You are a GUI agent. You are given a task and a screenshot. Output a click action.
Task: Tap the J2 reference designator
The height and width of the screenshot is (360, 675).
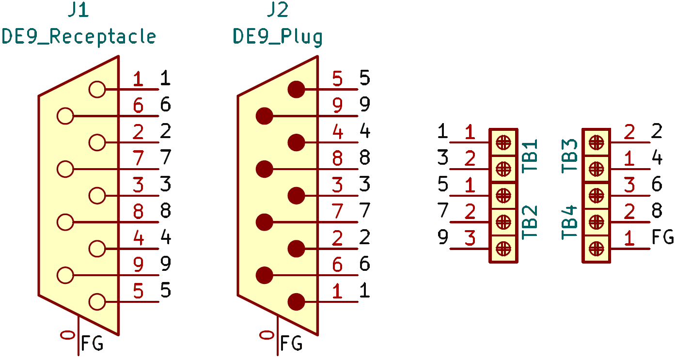[x=277, y=11]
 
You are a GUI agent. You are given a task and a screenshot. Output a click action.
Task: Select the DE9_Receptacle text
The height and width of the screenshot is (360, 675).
[x=79, y=37]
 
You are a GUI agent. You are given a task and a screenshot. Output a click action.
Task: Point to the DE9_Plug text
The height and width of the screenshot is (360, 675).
[x=278, y=37]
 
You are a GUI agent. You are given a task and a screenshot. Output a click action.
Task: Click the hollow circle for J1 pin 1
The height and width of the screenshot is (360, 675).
[x=97, y=90]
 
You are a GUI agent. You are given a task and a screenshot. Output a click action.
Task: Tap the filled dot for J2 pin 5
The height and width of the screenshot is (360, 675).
[x=296, y=90]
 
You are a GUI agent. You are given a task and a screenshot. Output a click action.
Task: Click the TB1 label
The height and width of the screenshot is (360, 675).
[x=531, y=156]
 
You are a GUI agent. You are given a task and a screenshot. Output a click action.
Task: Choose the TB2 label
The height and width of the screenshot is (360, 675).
[x=531, y=222]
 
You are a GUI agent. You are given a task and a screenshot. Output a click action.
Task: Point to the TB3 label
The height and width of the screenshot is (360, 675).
[x=570, y=156]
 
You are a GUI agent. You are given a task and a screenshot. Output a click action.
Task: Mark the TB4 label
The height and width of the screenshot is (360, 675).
[x=570, y=222]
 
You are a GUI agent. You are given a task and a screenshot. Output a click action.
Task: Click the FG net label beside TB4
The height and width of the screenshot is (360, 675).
[x=663, y=237]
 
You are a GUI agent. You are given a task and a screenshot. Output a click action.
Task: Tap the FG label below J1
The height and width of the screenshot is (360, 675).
[x=92, y=344]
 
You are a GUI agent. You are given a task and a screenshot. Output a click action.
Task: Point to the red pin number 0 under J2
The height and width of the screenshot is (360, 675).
[x=267, y=334]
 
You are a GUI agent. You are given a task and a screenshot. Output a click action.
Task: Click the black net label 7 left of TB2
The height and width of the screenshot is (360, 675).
[x=442, y=211]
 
